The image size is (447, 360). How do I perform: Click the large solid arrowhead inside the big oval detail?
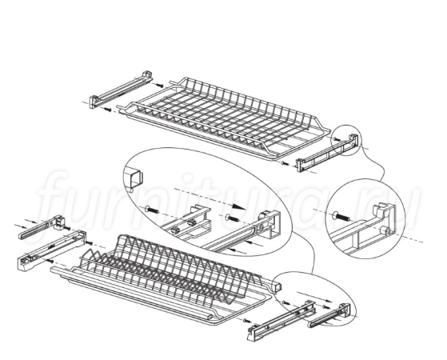point(237,206)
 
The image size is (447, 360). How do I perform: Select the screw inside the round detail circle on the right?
point(341,217)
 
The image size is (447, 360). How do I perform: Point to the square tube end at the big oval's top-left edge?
point(135,178)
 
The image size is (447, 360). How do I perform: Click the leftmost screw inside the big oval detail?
point(152,210)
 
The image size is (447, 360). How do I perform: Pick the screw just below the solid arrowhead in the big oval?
point(231,218)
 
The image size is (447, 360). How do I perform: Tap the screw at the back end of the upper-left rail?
point(160,86)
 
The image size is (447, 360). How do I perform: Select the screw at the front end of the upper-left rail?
point(107,109)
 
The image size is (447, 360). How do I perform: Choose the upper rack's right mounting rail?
point(327,154)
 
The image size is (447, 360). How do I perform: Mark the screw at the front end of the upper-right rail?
point(284,163)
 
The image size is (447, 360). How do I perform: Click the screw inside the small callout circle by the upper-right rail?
point(337,139)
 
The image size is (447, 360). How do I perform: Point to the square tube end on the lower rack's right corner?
point(277,286)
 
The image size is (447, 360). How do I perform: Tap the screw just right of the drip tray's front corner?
point(246,321)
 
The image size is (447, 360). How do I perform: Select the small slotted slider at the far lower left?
point(42,226)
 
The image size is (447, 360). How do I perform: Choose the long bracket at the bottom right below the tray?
point(281,320)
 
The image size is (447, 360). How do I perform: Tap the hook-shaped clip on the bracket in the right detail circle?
point(383,210)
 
